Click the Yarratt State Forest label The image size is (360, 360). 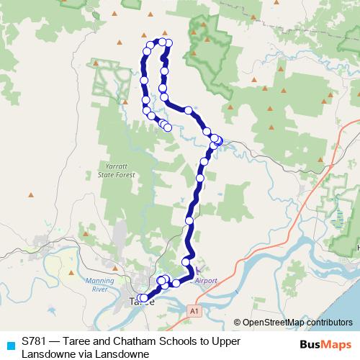116,169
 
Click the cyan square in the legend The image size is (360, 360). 10,345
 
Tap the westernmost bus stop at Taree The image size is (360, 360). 141,297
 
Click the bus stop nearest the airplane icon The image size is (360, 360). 192,271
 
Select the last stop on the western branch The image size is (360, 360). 168,127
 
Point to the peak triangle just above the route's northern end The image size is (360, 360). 165,32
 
